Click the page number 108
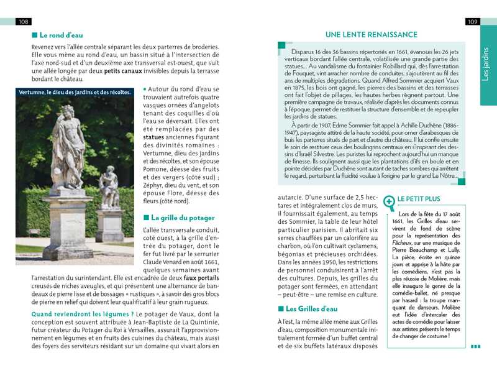coord(24,22)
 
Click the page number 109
coord(472,22)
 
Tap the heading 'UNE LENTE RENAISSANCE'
coord(372,35)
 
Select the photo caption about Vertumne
coord(75,93)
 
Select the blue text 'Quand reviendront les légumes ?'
coord(83,315)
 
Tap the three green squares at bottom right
coord(475,347)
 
